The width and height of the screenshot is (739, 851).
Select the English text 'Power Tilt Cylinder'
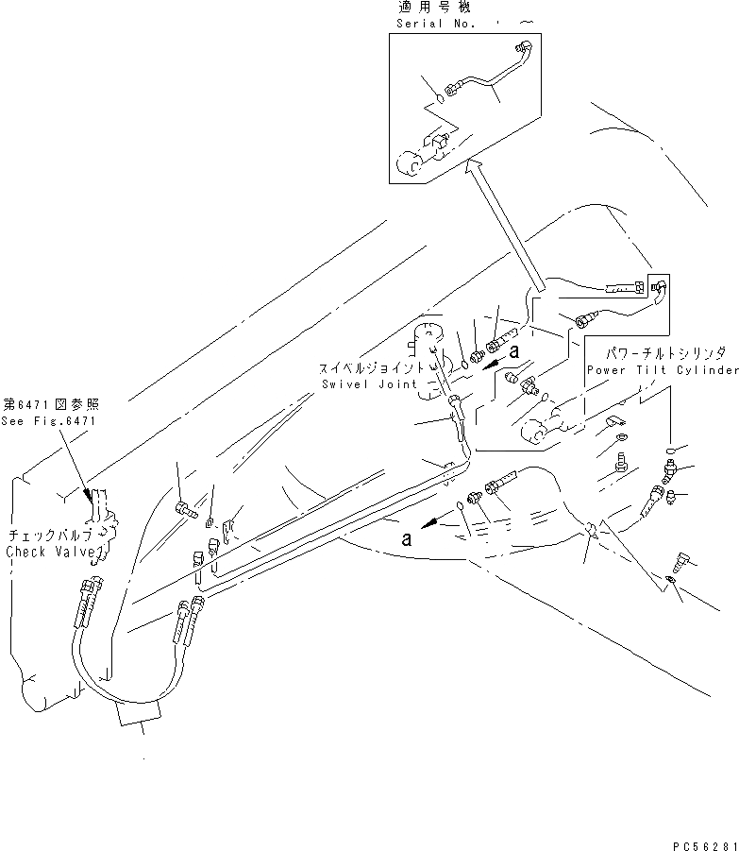(663, 370)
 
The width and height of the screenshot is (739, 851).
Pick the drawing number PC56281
(699, 838)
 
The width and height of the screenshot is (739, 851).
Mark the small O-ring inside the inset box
(441, 95)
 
